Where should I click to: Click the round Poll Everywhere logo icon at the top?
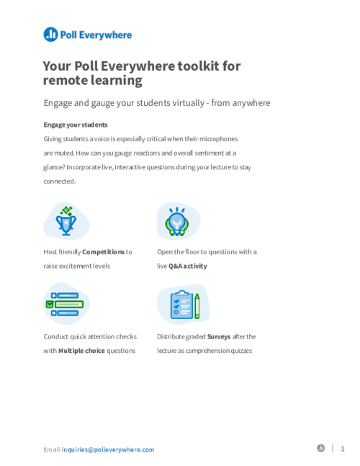[50, 34]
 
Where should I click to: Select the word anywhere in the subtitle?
[251, 103]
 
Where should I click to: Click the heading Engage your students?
[76, 125]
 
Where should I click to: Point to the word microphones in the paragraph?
[219, 139]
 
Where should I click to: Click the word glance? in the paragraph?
[54, 167]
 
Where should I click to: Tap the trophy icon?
[66, 225]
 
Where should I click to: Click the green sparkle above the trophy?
[66, 210]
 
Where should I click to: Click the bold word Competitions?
[104, 252]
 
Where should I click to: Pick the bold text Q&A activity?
[188, 266]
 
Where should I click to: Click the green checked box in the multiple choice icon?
[50, 304]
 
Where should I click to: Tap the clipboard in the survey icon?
[181, 305]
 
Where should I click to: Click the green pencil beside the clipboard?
[197, 306]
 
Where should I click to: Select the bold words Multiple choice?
[81, 351]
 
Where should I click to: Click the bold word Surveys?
[219, 337]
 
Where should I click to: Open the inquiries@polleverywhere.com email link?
[108, 449]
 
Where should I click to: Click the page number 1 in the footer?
[343, 449]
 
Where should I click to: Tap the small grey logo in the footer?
[321, 448]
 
